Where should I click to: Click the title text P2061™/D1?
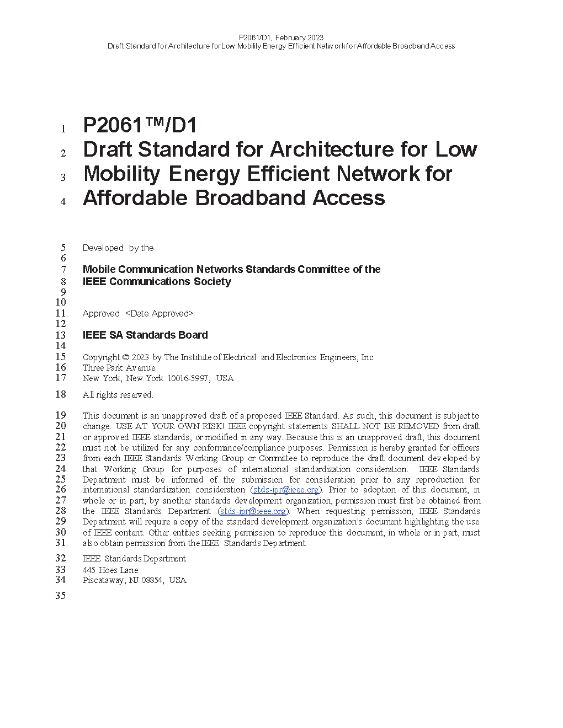pyautogui.click(x=140, y=126)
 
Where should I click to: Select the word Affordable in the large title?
pyautogui.click(x=135, y=198)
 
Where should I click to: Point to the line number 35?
pyautogui.click(x=60, y=596)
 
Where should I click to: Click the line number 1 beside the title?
pyautogui.click(x=63, y=129)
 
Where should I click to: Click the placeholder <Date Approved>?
pyautogui.click(x=160, y=313)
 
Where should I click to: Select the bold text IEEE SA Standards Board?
pyautogui.click(x=145, y=335)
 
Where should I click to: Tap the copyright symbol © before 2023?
pyautogui.click(x=126, y=357)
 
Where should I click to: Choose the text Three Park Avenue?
pyautogui.click(x=119, y=368)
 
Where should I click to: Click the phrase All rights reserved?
pyautogui.click(x=118, y=395)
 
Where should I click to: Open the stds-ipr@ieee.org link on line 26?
pyautogui.click(x=286, y=490)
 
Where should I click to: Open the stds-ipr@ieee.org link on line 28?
pyautogui.click(x=253, y=511)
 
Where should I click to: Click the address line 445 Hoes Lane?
pyautogui.click(x=110, y=570)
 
